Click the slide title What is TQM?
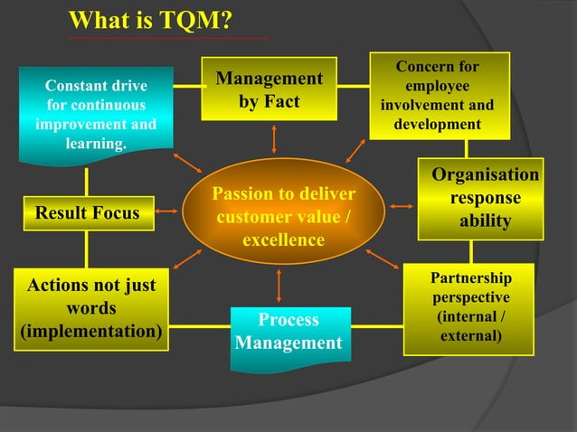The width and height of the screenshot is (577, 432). pyautogui.click(x=151, y=20)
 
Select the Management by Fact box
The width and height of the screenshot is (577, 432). pyautogui.click(x=269, y=90)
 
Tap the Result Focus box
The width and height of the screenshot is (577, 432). pyautogui.click(x=88, y=213)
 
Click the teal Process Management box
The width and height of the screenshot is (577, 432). pyautogui.click(x=288, y=333)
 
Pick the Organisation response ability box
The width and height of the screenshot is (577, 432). pyautogui.click(x=480, y=198)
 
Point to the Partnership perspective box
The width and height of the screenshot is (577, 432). pyautogui.click(x=468, y=307)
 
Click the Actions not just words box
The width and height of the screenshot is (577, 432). pyautogui.click(x=91, y=308)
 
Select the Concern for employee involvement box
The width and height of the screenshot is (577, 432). pyautogui.click(x=438, y=95)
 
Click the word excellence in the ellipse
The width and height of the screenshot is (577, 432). pyautogui.click(x=283, y=240)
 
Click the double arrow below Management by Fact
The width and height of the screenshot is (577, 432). pyautogui.click(x=273, y=138)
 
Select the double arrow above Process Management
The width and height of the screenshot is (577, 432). pyautogui.click(x=279, y=285)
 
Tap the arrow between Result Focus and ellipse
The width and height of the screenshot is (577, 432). pyautogui.click(x=167, y=214)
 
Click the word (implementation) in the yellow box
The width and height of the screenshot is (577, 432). pyautogui.click(x=91, y=331)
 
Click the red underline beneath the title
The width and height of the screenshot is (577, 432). pyautogui.click(x=167, y=38)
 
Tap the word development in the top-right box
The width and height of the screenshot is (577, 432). pyautogui.click(x=438, y=124)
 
